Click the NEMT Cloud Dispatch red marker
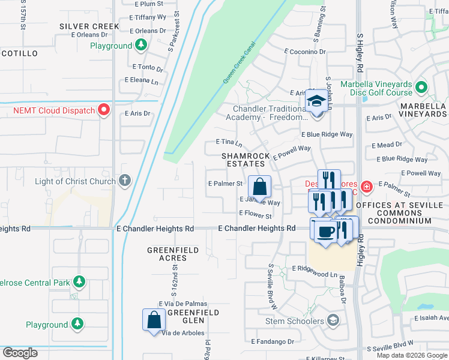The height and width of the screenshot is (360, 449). pyautogui.click(x=104, y=110)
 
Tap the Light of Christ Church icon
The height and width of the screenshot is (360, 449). pyautogui.click(x=124, y=181)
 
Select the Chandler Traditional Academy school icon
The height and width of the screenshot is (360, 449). pyautogui.click(x=315, y=101)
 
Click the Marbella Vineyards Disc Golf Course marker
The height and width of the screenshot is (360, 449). pyautogui.click(x=421, y=88)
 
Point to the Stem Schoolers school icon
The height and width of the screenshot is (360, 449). pyautogui.click(x=333, y=321)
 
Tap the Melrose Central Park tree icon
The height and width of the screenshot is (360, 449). pyautogui.click(x=79, y=281)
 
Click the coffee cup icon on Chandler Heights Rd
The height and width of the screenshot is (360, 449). pyautogui.click(x=325, y=232)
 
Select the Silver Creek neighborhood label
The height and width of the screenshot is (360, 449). pyautogui.click(x=89, y=26)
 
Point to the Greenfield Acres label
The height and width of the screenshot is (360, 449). pyautogui.click(x=167, y=253)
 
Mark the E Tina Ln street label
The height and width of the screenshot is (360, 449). pyautogui.click(x=229, y=143)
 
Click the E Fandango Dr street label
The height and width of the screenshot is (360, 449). pyautogui.click(x=273, y=341)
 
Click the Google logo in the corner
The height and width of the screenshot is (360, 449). pyautogui.click(x=20, y=353)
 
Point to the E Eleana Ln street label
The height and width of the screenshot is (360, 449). pyautogui.click(x=142, y=80)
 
